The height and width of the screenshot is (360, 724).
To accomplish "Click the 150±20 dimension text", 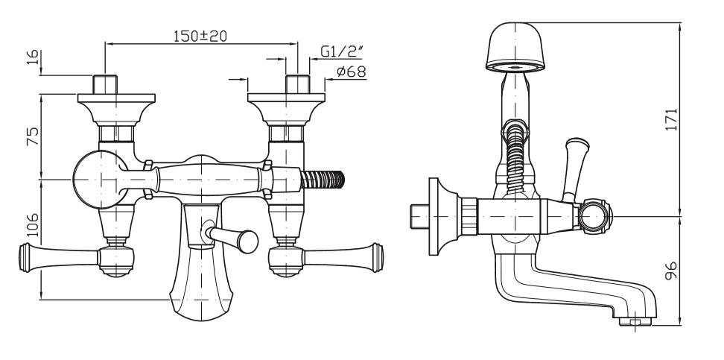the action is click(x=200, y=36).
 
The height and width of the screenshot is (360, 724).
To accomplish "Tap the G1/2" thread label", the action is click(x=341, y=51).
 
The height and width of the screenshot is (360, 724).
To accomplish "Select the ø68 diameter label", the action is click(x=352, y=72).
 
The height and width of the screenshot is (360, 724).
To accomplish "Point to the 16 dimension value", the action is click(x=34, y=58).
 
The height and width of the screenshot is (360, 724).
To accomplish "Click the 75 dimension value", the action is click(x=34, y=136).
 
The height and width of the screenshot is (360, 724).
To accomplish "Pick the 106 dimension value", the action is click(x=34, y=224).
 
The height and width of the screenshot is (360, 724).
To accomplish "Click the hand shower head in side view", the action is click(x=515, y=47).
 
